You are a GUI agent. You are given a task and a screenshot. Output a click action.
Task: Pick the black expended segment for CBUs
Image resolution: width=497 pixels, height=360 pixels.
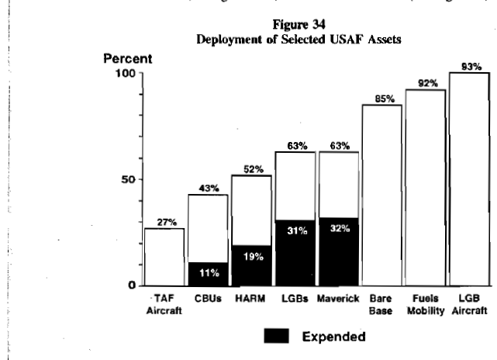tap(207, 273)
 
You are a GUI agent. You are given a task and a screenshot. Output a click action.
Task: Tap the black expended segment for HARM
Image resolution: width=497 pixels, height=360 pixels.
tap(250, 265)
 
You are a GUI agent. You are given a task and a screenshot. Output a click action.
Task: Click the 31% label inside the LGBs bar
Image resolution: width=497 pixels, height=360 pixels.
tap(295, 230)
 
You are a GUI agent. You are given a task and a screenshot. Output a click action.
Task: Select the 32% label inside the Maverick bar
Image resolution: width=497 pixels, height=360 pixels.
tap(339, 229)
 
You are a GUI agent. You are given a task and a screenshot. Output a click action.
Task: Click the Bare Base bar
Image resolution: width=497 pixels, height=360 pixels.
tap(381, 194)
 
